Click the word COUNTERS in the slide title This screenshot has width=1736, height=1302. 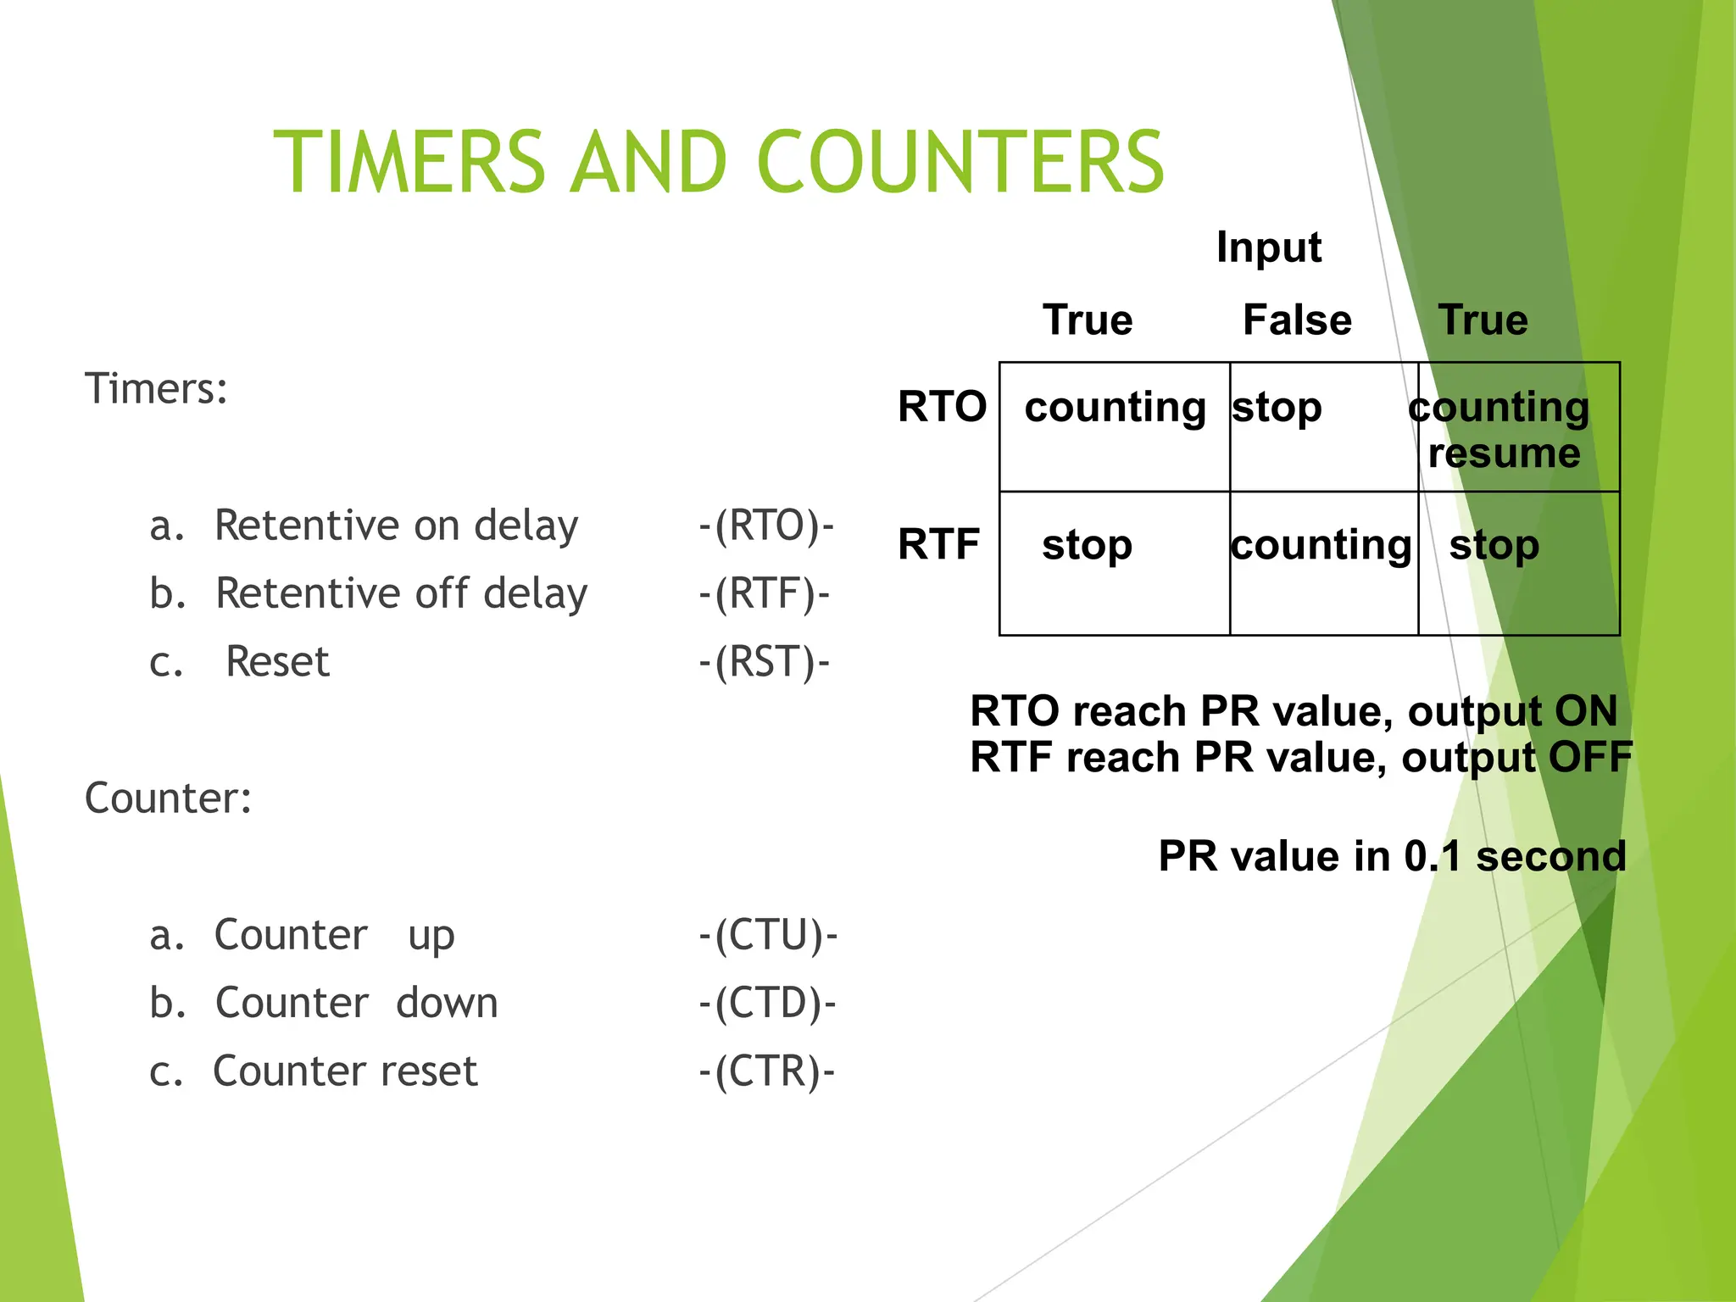(960, 162)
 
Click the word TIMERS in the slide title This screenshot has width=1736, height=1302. (409, 162)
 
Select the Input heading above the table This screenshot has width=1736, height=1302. (1268, 248)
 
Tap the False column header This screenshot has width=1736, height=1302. (1297, 320)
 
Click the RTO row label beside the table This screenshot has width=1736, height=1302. (942, 407)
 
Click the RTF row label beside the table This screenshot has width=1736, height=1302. (938, 544)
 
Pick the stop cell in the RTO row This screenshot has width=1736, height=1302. (1277, 408)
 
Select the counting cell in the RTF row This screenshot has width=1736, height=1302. (1321, 545)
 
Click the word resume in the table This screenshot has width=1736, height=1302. (1504, 453)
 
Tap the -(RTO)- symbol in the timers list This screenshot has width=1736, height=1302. (766, 526)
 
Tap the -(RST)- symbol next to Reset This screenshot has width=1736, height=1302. (764, 662)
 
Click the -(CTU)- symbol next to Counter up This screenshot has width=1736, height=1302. (768, 935)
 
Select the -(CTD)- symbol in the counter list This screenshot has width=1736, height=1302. (767, 1003)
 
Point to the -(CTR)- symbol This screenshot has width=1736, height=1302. (766, 1071)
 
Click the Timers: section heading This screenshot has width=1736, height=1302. (156, 390)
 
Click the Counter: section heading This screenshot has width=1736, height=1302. (168, 798)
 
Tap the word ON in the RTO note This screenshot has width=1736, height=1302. (1585, 711)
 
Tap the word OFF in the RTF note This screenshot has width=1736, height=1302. (1590, 757)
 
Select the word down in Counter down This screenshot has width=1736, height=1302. (447, 1003)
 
